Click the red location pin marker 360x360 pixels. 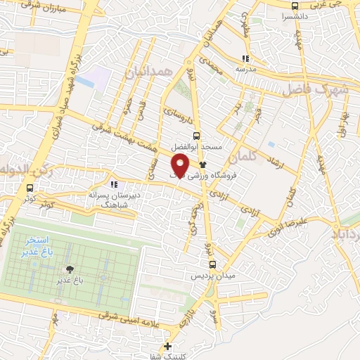click(x=179, y=165)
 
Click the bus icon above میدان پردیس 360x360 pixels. click(x=213, y=266)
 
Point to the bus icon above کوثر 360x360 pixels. click(x=30, y=188)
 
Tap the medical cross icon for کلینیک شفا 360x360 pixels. click(x=167, y=345)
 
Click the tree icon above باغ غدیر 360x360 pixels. click(x=69, y=269)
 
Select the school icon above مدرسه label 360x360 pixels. click(x=245, y=59)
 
